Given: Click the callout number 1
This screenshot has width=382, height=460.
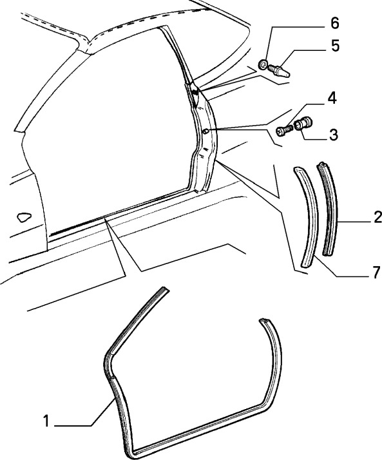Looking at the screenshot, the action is [x=46, y=421].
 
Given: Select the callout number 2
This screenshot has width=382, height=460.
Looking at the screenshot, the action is [x=377, y=217].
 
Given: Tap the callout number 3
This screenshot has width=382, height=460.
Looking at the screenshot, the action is [x=333, y=135].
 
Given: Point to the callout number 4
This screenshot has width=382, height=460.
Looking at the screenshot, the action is [x=332, y=99].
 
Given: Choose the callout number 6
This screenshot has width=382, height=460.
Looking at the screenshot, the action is [x=335, y=23].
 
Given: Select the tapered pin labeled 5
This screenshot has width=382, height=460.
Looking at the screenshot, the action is [x=279, y=71].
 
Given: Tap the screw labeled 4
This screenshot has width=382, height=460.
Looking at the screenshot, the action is [x=284, y=130].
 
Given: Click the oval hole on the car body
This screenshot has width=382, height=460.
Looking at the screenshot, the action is [x=24, y=217].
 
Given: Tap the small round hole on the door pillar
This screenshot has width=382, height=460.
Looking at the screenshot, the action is [x=205, y=131].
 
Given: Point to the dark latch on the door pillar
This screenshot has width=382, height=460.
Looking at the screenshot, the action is [x=195, y=92].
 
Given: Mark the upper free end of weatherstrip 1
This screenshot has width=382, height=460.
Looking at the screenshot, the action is [x=165, y=289].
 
